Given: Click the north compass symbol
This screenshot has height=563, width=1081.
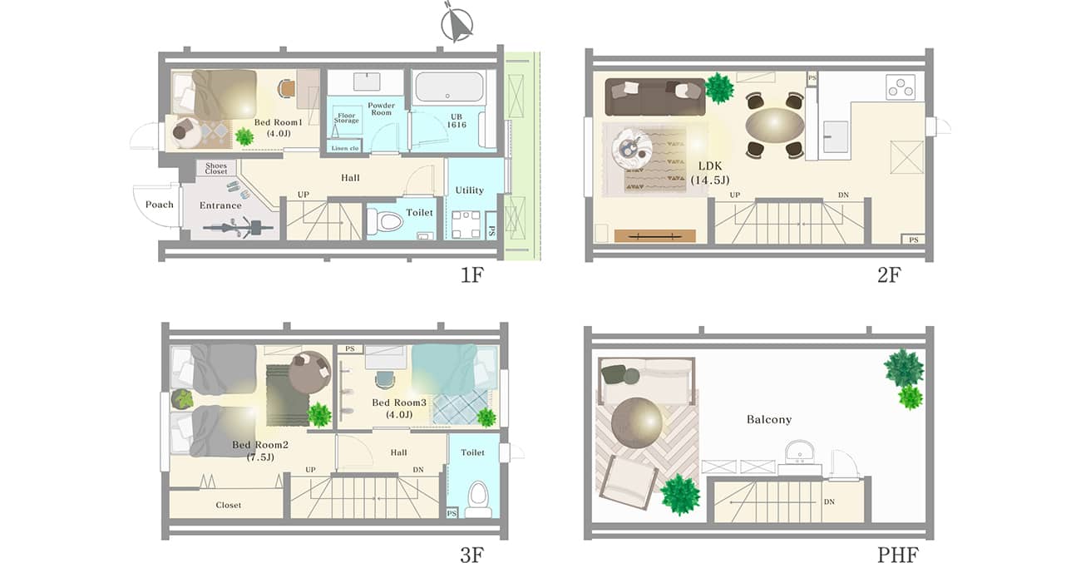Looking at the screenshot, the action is point(457,23).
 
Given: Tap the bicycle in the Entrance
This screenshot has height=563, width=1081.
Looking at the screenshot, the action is point(238,227).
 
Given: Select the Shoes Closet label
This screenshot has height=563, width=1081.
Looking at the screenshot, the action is point(215,168).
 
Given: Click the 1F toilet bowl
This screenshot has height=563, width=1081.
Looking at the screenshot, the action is point(386,222).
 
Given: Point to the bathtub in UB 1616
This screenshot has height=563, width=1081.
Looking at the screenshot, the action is point(449,87).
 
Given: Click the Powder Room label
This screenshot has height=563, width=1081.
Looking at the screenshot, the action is point(381,109).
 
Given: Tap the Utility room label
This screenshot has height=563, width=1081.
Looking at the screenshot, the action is point(470,190).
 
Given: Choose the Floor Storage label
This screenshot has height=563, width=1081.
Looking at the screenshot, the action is point(346,118).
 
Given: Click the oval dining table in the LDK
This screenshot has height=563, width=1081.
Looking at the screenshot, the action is point(774,125).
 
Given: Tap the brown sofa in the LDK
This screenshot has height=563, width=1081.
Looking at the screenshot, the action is point(655,97).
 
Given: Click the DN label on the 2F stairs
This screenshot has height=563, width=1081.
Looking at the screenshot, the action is point(843,195).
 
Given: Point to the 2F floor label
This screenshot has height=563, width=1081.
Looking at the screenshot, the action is point(889,274).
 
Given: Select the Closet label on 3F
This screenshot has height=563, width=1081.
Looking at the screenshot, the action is point(229,505).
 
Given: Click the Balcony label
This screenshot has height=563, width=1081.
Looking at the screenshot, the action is point(769,420).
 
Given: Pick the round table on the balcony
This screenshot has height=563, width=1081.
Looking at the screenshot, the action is point(636,423).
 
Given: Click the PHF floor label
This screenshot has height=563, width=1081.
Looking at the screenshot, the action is point(898,555).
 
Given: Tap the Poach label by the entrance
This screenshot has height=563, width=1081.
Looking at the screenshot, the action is point(160,205).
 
